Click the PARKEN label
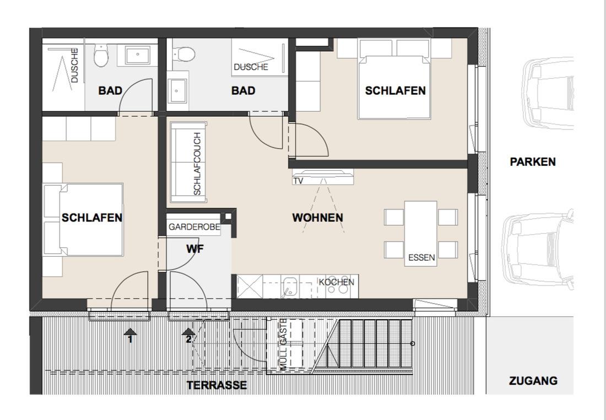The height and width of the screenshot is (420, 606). [x=533, y=161]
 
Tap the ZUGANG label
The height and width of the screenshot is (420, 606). [x=533, y=381]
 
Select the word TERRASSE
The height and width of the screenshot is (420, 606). [x=217, y=385]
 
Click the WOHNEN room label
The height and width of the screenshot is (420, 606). [x=317, y=218]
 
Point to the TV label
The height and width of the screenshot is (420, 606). [x=298, y=181]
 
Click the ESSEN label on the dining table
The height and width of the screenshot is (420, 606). [x=421, y=257]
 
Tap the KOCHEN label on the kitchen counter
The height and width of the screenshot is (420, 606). [x=336, y=282]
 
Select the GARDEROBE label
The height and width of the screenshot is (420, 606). [x=194, y=227]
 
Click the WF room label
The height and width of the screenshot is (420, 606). [x=195, y=249]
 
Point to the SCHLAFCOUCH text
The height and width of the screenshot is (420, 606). [x=197, y=164]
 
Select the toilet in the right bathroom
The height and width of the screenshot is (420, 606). [x=184, y=54]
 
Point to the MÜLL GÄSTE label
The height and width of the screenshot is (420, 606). [x=283, y=344]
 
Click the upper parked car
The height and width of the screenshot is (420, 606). [x=548, y=93]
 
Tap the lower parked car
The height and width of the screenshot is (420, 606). [x=538, y=250]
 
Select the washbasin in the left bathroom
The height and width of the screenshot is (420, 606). [x=137, y=55]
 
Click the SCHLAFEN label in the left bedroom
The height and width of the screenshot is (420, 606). [x=92, y=218]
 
